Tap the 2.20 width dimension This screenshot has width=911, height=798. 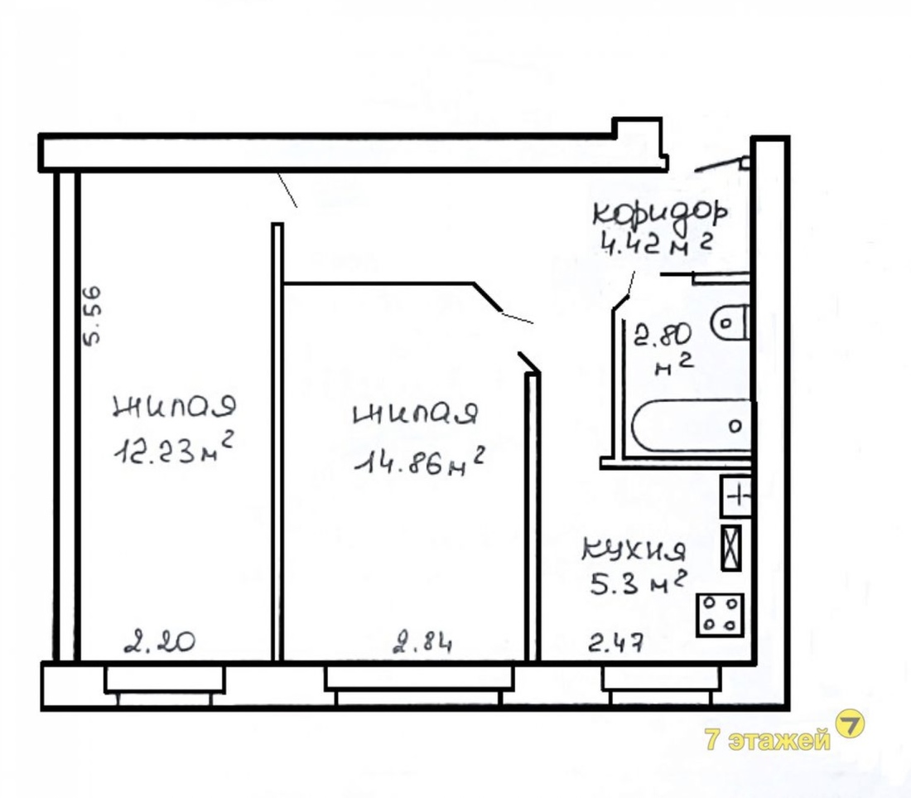(160, 642)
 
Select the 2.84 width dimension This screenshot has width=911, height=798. (423, 643)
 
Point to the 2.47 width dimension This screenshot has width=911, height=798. (616, 643)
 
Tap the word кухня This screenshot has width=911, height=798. (634, 550)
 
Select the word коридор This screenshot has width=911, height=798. (660, 213)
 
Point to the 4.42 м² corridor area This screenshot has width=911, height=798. (657, 245)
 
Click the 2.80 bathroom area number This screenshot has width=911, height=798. (663, 335)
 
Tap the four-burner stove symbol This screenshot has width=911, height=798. (720, 615)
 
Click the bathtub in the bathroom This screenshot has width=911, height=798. (692, 425)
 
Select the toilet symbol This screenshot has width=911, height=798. (730, 322)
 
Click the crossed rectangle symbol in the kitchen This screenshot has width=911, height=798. (731, 548)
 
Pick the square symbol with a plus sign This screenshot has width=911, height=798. (736, 496)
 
